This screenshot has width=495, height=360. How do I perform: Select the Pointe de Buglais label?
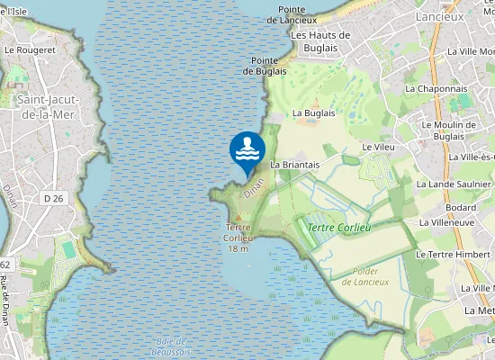click(x=265, y=65)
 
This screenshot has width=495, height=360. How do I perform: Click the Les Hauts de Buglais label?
click(x=320, y=40)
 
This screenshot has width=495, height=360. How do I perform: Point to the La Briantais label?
click(x=294, y=166)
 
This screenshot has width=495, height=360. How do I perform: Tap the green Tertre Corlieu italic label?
click(x=339, y=228)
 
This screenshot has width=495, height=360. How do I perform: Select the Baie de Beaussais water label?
click(x=170, y=346)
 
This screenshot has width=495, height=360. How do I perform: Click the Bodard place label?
click(x=460, y=207)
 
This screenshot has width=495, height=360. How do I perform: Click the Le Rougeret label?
click(x=31, y=50)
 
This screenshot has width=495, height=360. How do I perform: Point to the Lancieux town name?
click(x=440, y=16)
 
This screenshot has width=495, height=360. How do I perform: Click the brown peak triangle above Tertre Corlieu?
click(x=238, y=217)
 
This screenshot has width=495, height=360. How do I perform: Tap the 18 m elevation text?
click(x=238, y=248)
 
